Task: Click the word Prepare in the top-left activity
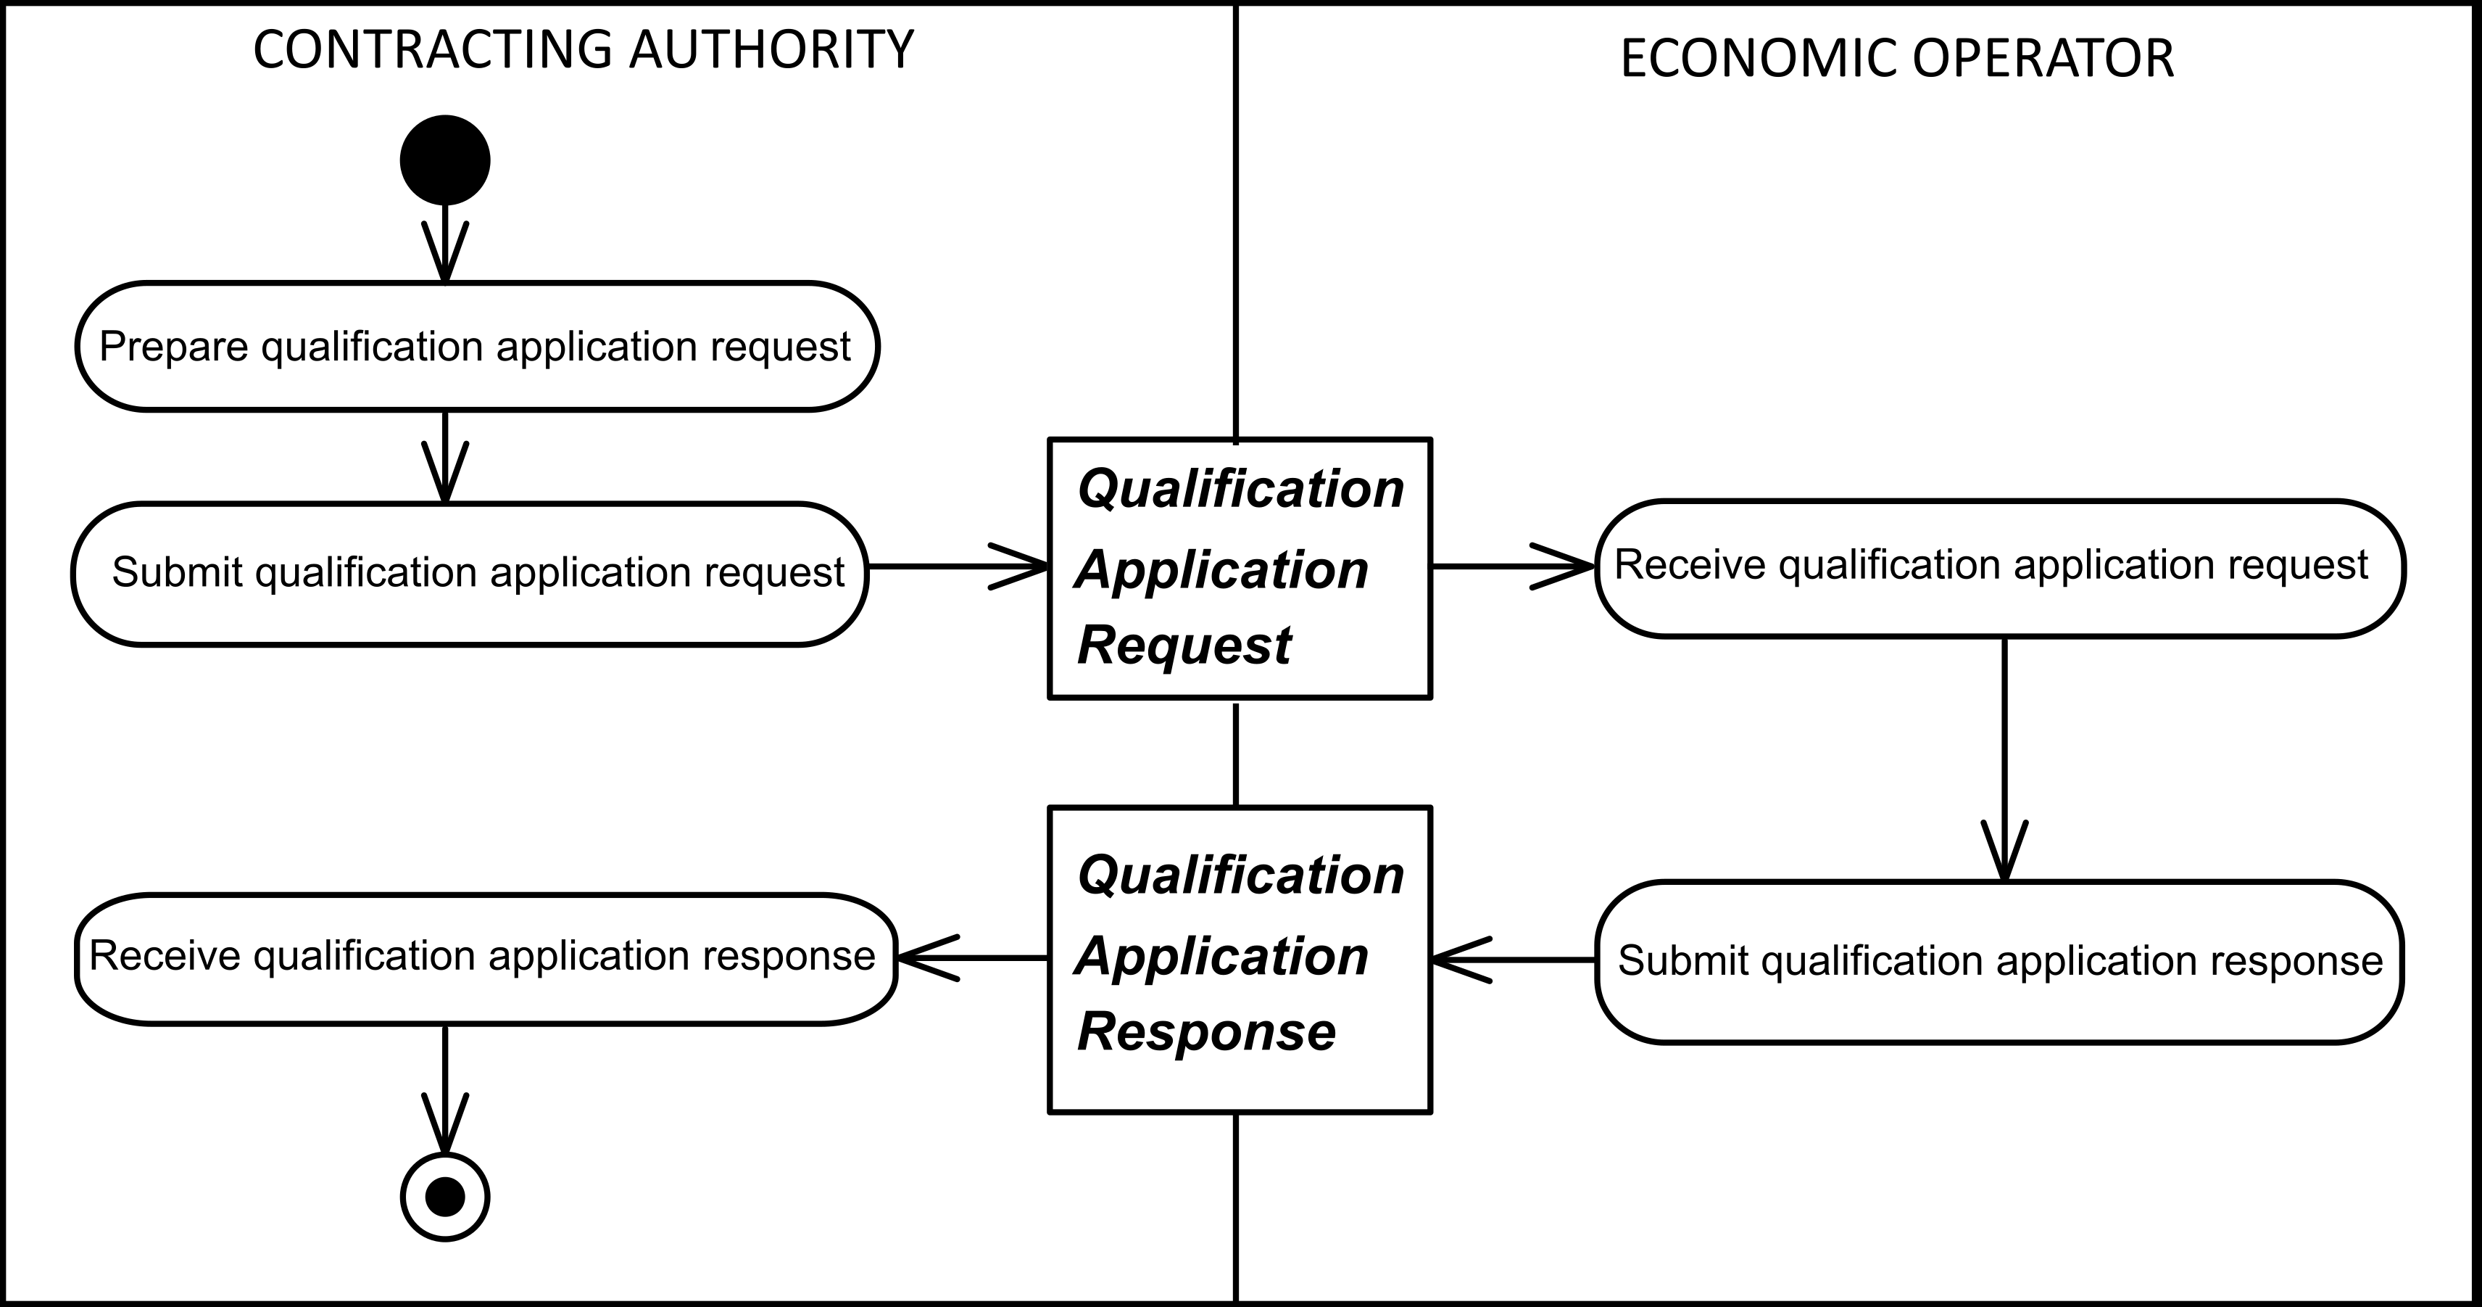pyautogui.click(x=173, y=347)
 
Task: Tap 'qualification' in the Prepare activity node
pyautogui.click(x=372, y=347)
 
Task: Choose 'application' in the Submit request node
pyautogui.click(x=591, y=572)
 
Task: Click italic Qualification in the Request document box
pyautogui.click(x=1240, y=489)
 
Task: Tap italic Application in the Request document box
pyautogui.click(x=1221, y=569)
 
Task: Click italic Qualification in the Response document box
pyautogui.click(x=1240, y=875)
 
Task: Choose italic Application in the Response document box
pyautogui.click(x=1221, y=956)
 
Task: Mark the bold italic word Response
pyautogui.click(x=1206, y=1031)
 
